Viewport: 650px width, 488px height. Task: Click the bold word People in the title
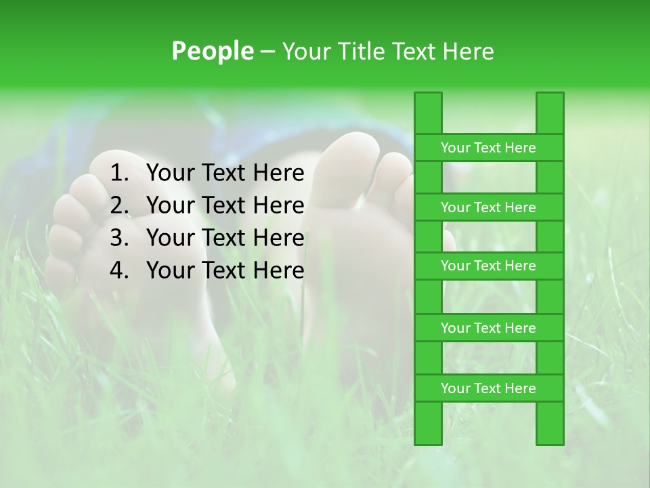(211, 52)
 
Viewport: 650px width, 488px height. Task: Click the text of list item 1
(225, 174)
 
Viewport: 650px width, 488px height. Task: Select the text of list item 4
(225, 270)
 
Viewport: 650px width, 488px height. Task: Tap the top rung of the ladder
(488, 148)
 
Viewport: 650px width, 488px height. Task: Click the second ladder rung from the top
(488, 207)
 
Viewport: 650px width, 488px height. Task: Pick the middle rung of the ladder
(488, 266)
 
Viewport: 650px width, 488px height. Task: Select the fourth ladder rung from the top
(488, 328)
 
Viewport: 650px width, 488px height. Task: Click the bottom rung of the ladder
(488, 388)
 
